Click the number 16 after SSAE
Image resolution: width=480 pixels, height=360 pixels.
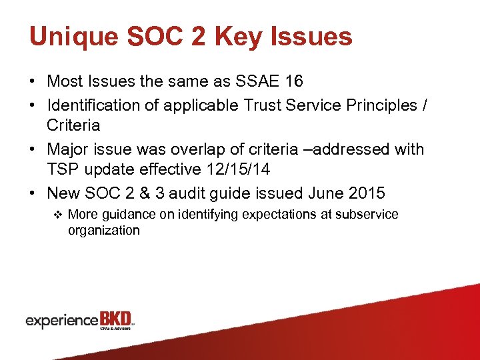point(293,81)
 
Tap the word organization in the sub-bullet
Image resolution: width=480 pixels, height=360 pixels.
point(103,231)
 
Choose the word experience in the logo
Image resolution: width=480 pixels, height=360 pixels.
point(61,321)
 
